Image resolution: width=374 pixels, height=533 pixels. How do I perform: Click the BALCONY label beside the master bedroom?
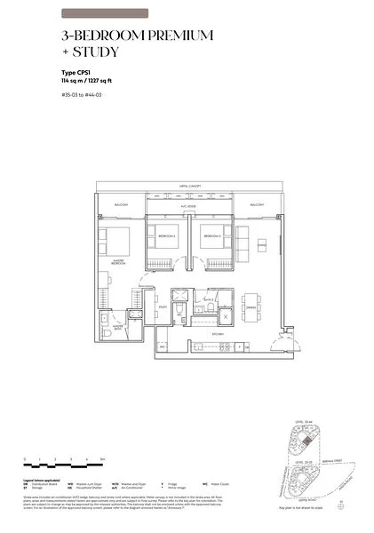coord(121,205)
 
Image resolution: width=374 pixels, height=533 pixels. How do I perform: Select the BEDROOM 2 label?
coord(167,236)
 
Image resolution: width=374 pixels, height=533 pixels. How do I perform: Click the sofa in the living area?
coord(243,239)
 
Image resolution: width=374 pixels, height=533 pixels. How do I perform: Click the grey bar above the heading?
coord(106,13)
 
